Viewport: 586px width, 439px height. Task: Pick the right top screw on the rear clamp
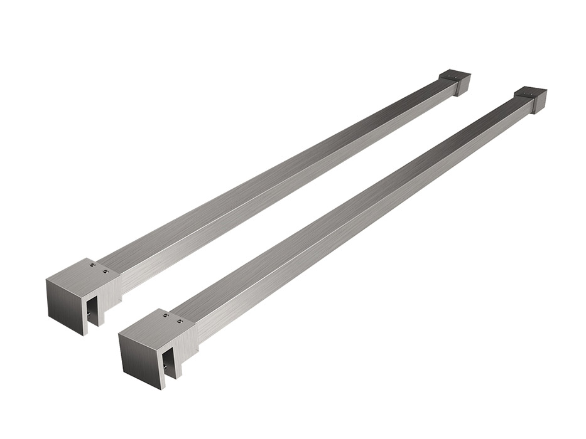(106, 272)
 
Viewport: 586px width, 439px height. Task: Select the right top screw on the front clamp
(180, 322)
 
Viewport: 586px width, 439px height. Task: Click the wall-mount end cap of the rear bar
(457, 81)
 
